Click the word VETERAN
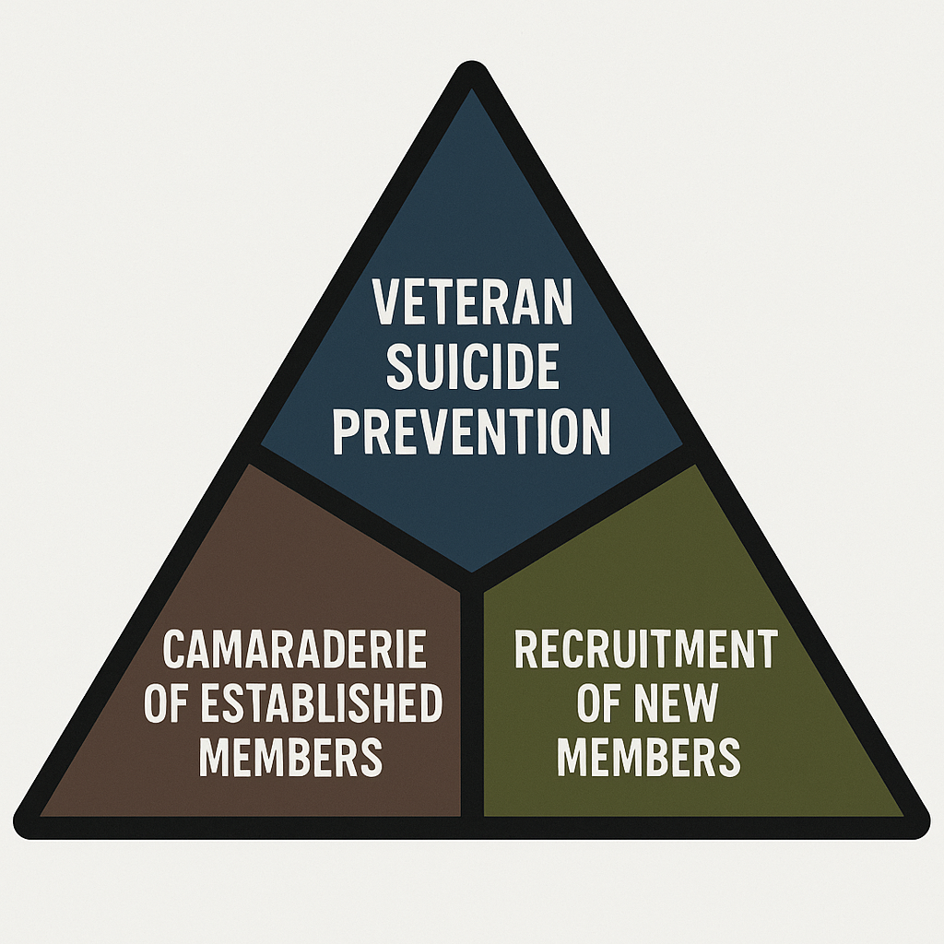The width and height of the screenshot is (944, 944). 472,301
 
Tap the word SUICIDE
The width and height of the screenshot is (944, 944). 473,367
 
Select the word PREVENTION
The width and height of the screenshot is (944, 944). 472,431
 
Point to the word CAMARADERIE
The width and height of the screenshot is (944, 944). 294,648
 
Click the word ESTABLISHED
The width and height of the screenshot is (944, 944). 321,702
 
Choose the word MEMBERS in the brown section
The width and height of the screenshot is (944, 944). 290,756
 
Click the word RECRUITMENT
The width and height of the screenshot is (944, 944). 646,649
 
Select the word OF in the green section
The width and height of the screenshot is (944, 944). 599,702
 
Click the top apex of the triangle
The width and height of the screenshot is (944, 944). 472,63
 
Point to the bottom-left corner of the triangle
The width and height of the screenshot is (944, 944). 18,831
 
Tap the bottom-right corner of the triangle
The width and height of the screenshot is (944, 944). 925,831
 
